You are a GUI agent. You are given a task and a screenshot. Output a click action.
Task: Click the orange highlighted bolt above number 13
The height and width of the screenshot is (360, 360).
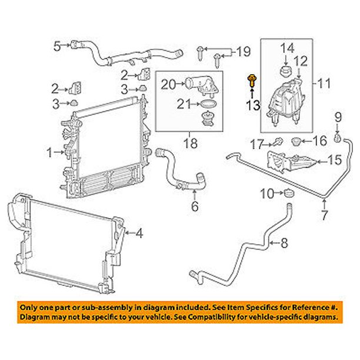[252, 81]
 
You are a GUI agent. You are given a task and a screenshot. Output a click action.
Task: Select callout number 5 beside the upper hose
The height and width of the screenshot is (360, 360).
[57, 46]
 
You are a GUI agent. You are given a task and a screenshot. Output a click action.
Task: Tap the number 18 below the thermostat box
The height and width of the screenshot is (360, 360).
[191, 144]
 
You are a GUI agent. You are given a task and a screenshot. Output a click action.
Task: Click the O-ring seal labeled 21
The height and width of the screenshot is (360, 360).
[208, 104]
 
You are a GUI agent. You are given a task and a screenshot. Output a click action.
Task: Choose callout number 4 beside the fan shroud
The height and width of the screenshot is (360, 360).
[139, 233]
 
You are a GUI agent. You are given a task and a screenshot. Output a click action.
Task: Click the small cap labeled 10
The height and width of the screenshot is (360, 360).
[289, 192]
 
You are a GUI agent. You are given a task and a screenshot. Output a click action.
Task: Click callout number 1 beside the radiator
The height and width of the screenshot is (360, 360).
[49, 152]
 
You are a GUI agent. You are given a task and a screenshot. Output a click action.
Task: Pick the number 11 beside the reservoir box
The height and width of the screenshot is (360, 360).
[324, 84]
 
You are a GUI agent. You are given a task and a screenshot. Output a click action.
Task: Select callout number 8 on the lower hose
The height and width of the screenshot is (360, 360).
[284, 243]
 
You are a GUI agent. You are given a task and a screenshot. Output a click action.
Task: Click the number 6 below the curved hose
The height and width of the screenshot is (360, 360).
[195, 206]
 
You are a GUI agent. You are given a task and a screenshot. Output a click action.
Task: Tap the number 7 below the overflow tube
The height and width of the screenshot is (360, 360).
[324, 215]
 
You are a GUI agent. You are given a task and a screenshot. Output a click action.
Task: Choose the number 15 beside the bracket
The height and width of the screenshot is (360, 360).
[335, 160]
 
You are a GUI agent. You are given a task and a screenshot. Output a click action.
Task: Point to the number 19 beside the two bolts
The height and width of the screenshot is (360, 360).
[244, 51]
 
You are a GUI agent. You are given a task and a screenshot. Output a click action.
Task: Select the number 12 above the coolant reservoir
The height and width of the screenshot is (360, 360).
[301, 61]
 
